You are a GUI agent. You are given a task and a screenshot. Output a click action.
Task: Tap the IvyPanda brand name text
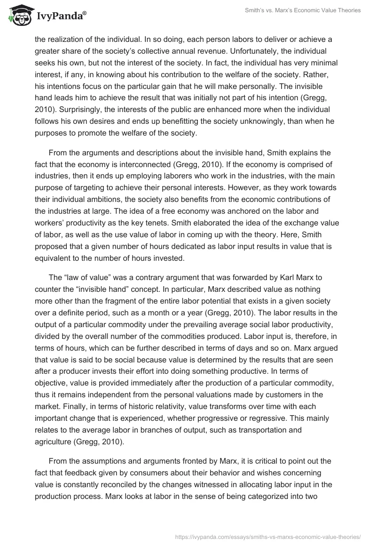[61, 16]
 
